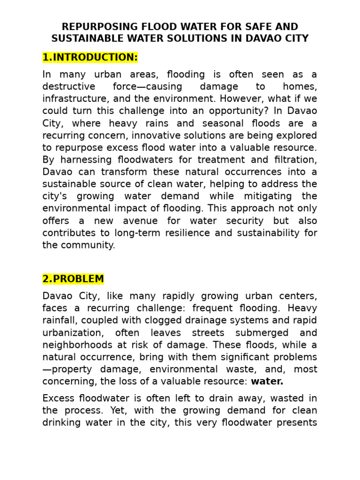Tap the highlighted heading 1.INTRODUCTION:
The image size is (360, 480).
click(x=90, y=58)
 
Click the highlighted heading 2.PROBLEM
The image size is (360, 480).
click(x=73, y=279)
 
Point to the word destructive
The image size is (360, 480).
click(x=69, y=87)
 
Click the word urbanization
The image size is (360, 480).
click(x=73, y=333)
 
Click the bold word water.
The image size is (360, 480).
click(x=267, y=382)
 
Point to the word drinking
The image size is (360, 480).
click(x=62, y=423)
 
